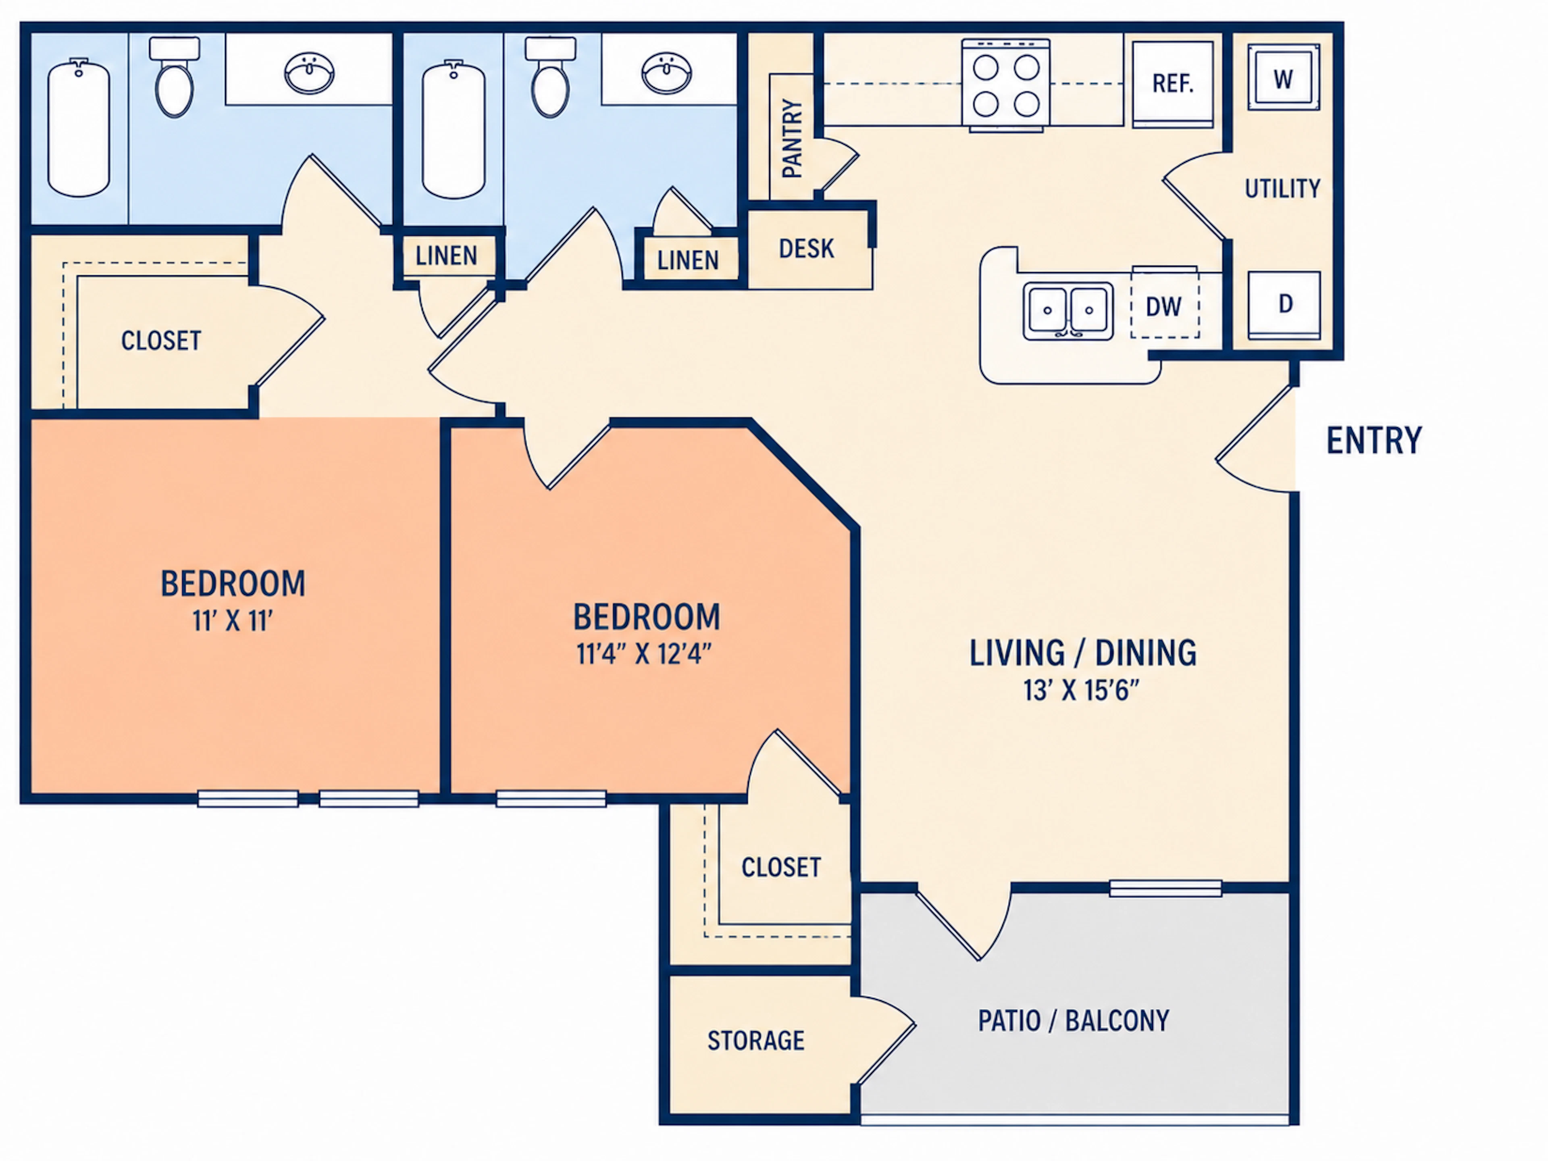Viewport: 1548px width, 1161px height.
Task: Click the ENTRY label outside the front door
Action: tap(1374, 440)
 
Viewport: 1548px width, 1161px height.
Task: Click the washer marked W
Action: tap(1284, 78)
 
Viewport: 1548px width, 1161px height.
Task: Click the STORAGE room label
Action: tap(756, 1040)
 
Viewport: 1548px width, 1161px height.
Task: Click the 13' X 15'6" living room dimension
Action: tap(1081, 690)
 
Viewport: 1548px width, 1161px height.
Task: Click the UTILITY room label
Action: tap(1282, 188)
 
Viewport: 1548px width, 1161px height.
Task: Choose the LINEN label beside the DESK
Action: tap(688, 260)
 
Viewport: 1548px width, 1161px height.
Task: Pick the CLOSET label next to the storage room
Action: tap(781, 868)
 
